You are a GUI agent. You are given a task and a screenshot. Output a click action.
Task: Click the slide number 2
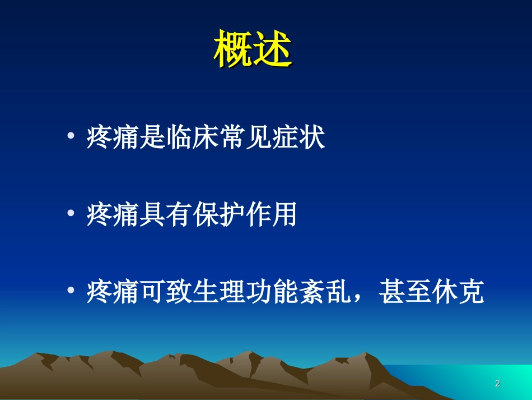(497, 384)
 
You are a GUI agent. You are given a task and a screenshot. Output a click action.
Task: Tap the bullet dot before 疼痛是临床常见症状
(71, 139)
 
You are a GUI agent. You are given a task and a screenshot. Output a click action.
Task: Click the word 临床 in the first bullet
(192, 138)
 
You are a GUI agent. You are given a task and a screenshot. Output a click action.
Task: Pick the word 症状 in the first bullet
(298, 138)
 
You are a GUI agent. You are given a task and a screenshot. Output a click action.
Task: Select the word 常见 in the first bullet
(245, 138)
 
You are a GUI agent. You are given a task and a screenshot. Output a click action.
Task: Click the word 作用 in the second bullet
(271, 215)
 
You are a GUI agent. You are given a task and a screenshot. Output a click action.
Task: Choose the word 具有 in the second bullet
(165, 215)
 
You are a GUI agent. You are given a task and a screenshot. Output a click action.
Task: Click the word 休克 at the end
(456, 293)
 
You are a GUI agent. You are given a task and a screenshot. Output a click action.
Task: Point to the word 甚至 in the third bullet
(404, 293)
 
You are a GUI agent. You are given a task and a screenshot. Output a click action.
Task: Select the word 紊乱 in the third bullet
(324, 293)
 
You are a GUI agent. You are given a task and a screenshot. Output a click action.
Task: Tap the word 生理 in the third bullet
(218, 293)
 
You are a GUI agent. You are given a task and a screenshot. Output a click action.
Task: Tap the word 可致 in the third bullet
(165, 293)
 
